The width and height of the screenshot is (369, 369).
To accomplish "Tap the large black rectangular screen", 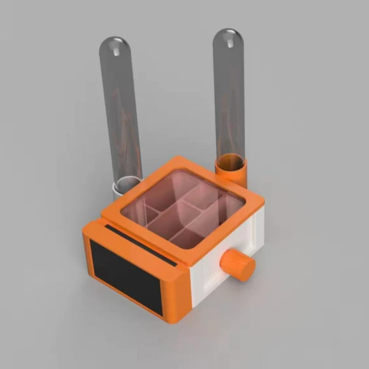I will [x=126, y=277].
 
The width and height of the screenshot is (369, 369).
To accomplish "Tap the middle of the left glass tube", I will [x=120, y=113].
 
